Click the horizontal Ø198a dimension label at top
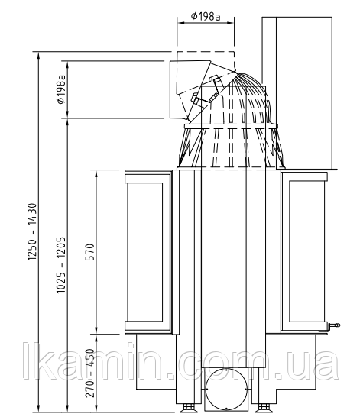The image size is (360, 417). [206, 17]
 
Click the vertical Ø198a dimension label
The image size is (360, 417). [61, 89]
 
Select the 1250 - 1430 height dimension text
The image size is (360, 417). [32, 232]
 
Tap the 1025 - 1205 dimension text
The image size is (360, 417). [60, 265]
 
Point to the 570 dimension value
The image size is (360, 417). [90, 252]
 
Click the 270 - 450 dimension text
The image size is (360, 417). [90, 373]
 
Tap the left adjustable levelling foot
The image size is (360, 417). [189, 408]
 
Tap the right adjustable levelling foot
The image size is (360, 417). [264, 408]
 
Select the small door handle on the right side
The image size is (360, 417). [334, 325]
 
